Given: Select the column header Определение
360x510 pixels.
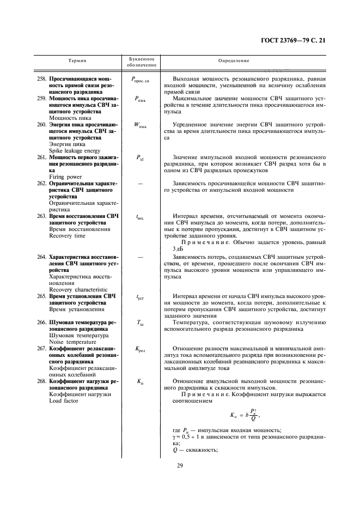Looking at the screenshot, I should [234, 61].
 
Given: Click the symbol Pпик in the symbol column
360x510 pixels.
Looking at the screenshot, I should [142, 99].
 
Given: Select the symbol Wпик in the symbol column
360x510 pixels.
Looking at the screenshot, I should [142, 125].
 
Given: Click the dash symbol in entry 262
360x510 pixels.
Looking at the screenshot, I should [142, 184].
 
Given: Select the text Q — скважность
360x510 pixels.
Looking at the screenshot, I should [194, 450].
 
